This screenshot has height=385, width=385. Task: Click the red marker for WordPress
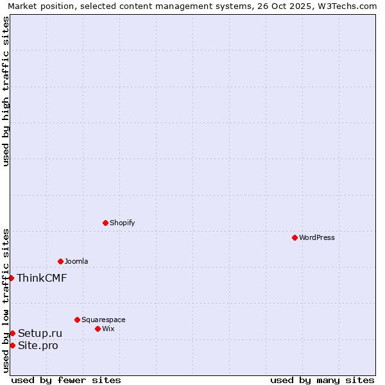point(295,237)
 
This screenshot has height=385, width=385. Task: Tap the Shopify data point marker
point(105,223)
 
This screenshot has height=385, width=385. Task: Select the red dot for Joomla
point(60,261)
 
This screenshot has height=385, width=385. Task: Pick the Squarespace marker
point(77,320)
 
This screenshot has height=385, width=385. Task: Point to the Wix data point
point(98,329)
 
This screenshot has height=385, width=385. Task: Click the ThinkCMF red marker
point(12,278)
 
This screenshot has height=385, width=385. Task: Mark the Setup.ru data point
point(12,333)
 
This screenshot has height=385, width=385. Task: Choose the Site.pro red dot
point(12,345)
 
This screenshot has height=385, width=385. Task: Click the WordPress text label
point(317,237)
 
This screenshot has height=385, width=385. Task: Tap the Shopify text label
point(122,223)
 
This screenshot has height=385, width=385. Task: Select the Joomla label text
point(76,261)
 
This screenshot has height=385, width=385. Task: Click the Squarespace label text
point(103,320)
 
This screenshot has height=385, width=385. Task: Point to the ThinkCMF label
point(42,278)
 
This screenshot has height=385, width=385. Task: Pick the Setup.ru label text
point(40,333)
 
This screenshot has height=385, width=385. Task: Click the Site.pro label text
point(38,345)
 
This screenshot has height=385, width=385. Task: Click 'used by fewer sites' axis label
point(66,380)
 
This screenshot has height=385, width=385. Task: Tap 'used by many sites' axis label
point(322,380)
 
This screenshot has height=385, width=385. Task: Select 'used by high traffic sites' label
point(6,91)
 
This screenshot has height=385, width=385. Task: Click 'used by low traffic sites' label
point(6,300)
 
